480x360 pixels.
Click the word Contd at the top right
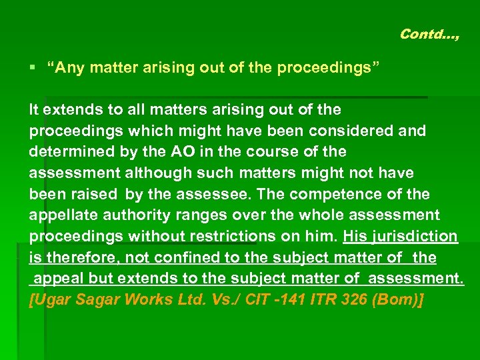(417, 33)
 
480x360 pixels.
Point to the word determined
(71, 151)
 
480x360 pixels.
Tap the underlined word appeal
(61, 279)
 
